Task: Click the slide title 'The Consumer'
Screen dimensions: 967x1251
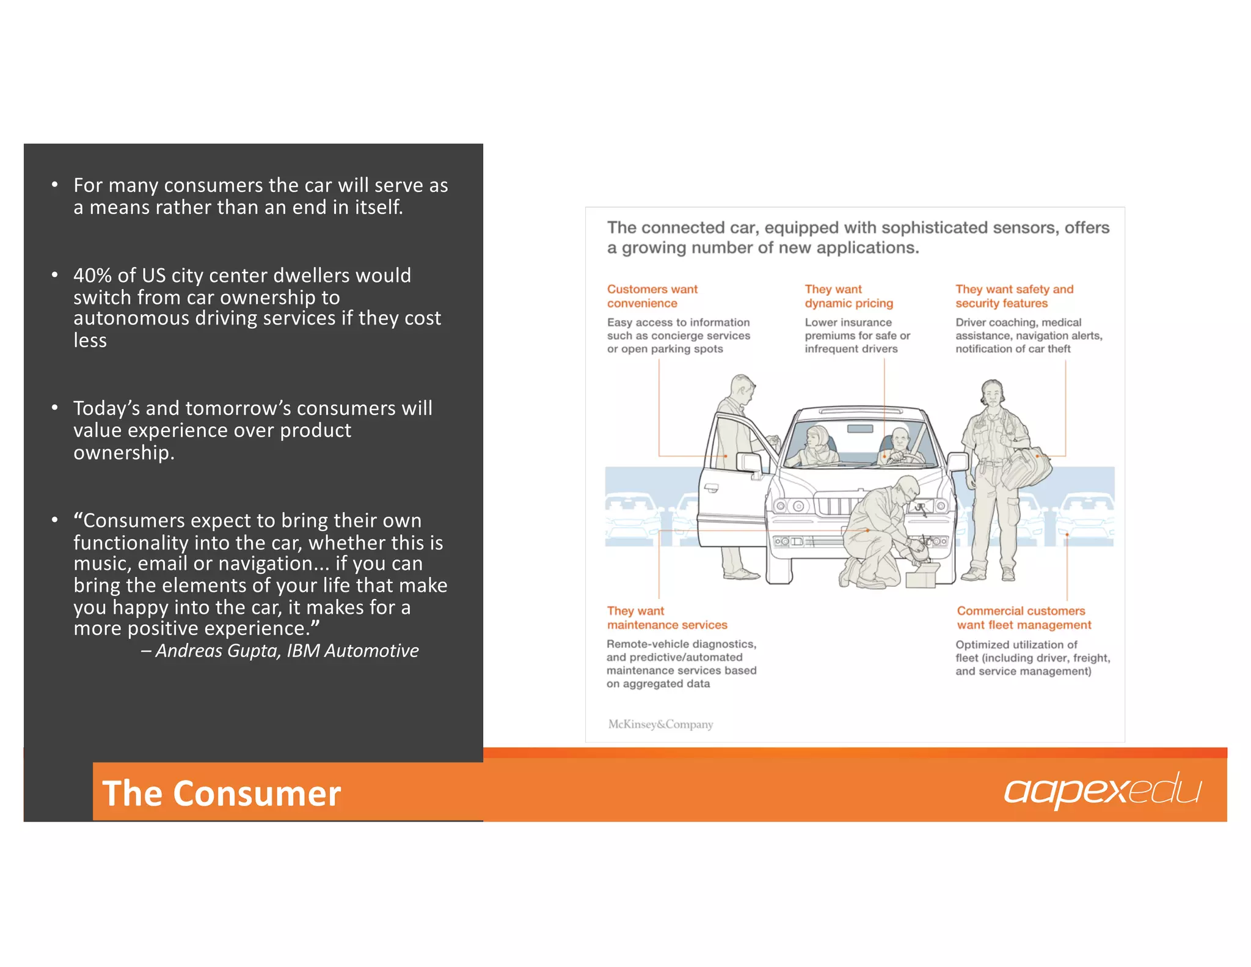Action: [221, 793]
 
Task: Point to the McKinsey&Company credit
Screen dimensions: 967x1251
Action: [660, 724]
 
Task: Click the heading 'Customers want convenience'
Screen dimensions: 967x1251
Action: [651, 296]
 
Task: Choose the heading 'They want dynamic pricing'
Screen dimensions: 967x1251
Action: [848, 296]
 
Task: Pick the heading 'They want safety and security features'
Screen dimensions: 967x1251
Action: [1013, 296]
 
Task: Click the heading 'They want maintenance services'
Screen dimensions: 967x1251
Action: [666, 617]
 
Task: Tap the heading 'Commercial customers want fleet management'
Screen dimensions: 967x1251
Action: [1023, 617]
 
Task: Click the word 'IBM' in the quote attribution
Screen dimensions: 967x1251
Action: [303, 650]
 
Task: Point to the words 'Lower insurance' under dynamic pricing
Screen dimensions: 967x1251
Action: [848, 322]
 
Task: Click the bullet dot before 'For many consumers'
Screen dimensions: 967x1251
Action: [55, 184]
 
